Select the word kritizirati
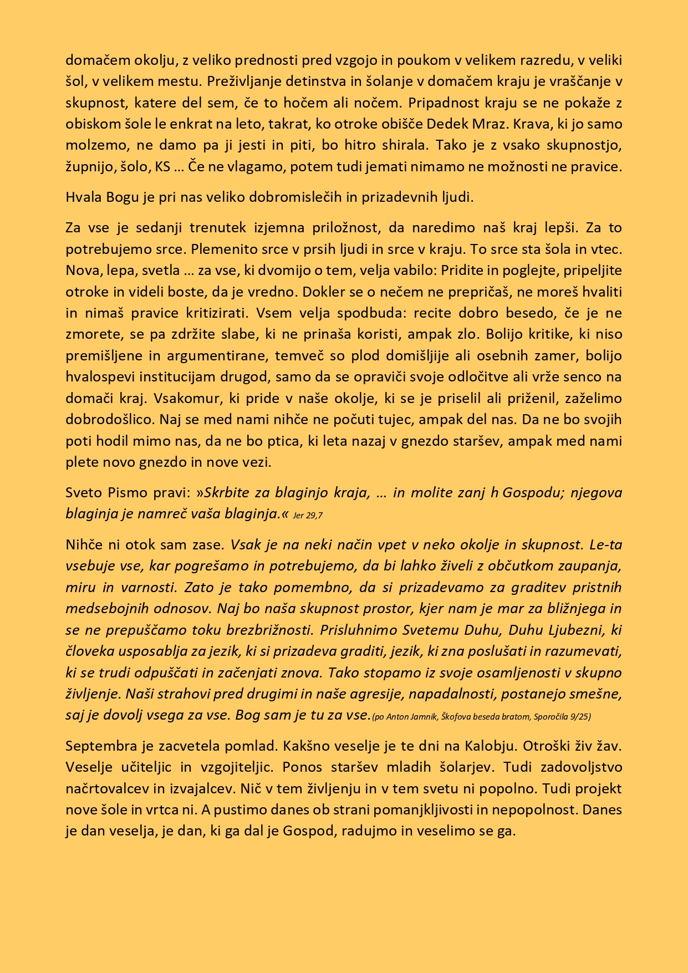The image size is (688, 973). click(x=217, y=313)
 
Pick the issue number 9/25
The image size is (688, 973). click(x=579, y=717)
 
